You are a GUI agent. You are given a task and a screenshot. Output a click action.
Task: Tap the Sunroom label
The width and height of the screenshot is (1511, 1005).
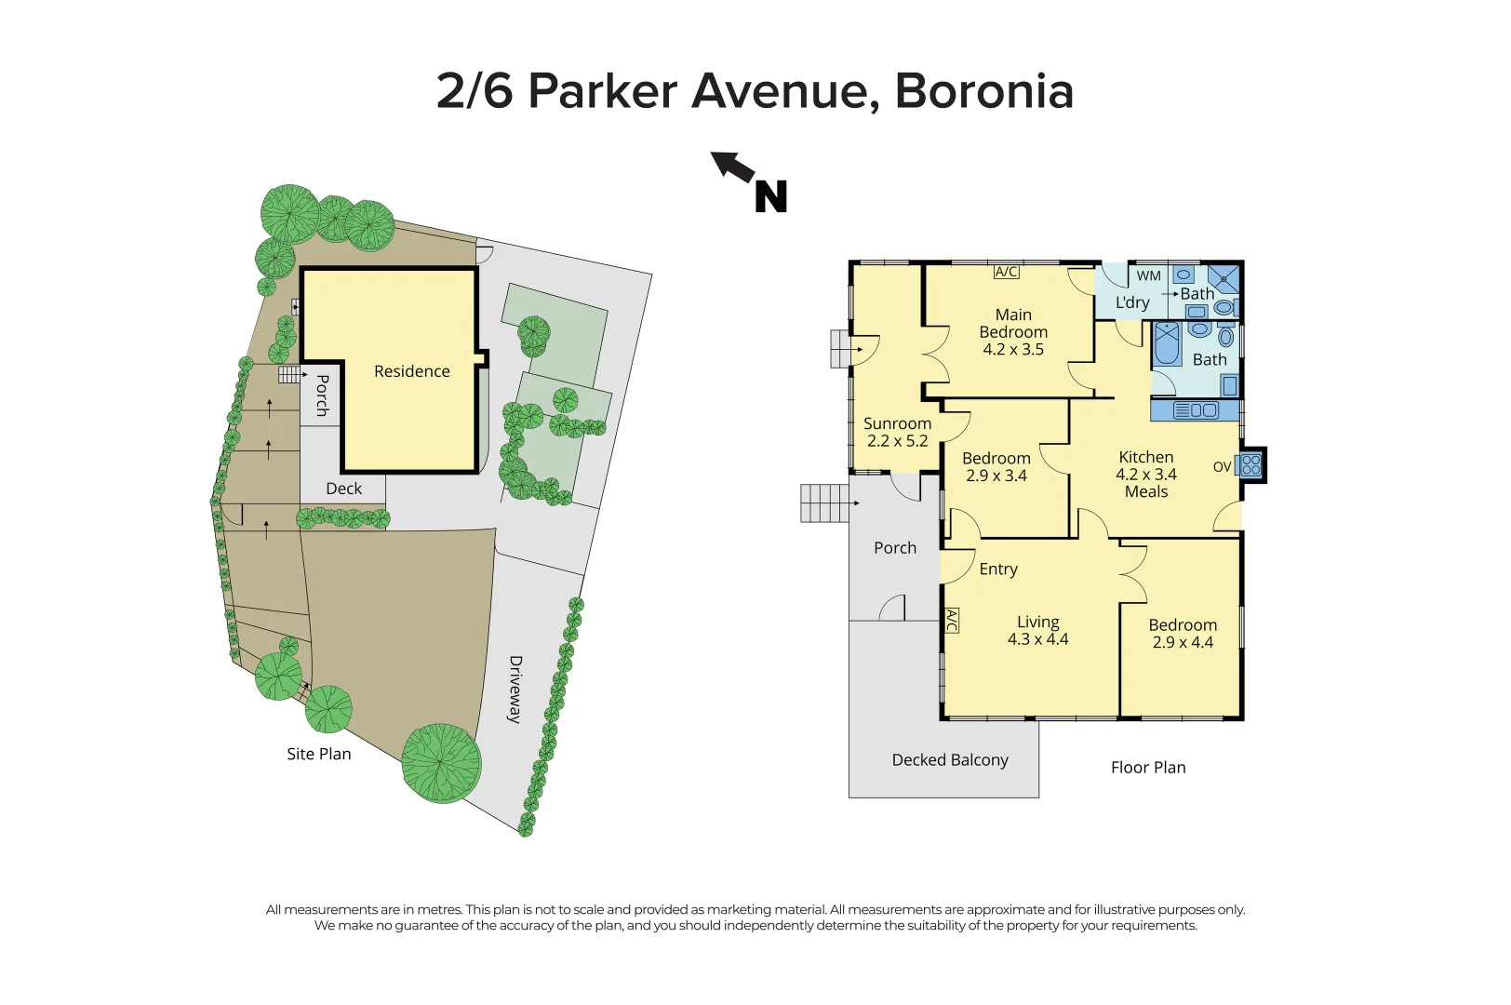pos(897,423)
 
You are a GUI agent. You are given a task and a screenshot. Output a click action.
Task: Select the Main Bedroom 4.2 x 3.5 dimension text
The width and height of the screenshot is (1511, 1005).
pos(1013,349)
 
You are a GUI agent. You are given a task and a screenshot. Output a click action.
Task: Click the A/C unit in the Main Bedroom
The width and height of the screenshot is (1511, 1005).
pos(1007,272)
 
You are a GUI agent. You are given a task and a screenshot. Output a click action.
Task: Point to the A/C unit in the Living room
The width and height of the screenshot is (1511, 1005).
pos(951,621)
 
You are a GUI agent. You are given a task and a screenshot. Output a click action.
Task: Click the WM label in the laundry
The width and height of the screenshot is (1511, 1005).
pos(1149,275)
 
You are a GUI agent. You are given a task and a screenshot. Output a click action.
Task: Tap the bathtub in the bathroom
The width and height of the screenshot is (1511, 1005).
pos(1167,343)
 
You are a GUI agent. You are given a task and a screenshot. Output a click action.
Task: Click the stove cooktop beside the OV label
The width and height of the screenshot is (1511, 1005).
pos(1251,465)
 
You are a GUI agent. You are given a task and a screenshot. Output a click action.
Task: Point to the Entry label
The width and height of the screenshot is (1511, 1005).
pos(998,569)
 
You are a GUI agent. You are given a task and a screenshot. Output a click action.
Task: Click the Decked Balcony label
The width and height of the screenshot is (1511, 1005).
pos(950,760)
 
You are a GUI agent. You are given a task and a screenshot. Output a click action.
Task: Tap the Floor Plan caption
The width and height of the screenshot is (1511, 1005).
pos(1148,768)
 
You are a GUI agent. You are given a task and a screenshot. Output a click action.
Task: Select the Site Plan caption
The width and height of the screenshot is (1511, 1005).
pos(319,754)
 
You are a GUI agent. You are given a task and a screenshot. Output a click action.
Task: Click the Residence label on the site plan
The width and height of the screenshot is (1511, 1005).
pos(411,371)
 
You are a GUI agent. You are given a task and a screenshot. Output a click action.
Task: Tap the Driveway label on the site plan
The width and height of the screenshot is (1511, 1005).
pos(515,690)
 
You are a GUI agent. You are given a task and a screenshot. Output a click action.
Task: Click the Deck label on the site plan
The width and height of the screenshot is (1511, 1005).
pos(344,489)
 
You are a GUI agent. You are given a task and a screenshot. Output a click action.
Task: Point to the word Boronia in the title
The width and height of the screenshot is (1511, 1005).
pos(984,91)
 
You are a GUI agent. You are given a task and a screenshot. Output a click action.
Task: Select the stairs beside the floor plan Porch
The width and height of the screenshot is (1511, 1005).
pos(824,503)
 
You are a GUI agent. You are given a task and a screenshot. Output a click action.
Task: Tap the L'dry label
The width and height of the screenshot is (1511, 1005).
pos(1132,302)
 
